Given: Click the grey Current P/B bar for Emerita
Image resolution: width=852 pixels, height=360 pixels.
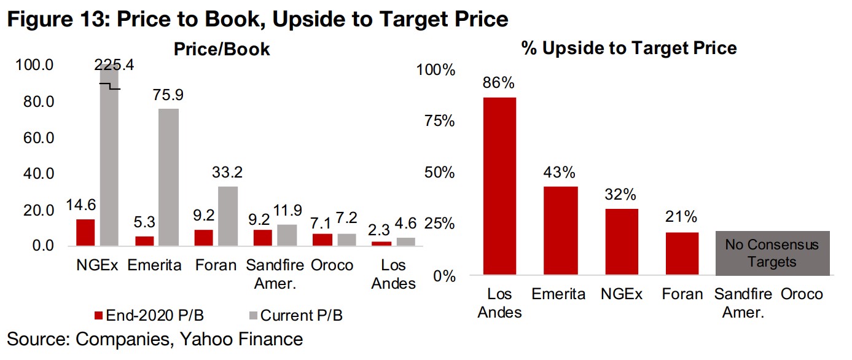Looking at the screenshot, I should tap(169, 177).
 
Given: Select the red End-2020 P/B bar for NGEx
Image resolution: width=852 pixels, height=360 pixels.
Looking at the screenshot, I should tap(85, 232).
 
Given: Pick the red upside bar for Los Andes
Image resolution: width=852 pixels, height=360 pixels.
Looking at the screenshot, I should tap(499, 186).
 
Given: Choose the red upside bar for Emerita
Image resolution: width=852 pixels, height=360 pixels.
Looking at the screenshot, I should tap(560, 230).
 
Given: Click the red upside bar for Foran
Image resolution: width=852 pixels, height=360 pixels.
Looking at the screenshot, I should tap(681, 253).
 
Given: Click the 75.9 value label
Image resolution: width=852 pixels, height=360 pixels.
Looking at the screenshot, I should tap(169, 95).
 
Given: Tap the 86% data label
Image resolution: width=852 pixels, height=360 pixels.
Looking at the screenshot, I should tap(499, 83).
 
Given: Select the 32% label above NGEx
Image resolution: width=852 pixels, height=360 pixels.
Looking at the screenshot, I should tap(620, 195).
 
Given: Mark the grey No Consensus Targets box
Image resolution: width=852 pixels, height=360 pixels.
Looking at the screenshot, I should tap(772, 253).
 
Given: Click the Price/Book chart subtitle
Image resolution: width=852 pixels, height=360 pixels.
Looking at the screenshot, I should tap(222, 49).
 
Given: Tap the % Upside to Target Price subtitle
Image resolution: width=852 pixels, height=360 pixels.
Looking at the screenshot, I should tap(628, 48).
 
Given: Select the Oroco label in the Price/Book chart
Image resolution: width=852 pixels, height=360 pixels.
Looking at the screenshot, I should tap(332, 265).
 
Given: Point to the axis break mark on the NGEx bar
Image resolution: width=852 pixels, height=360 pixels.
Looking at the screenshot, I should tap(111, 87).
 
